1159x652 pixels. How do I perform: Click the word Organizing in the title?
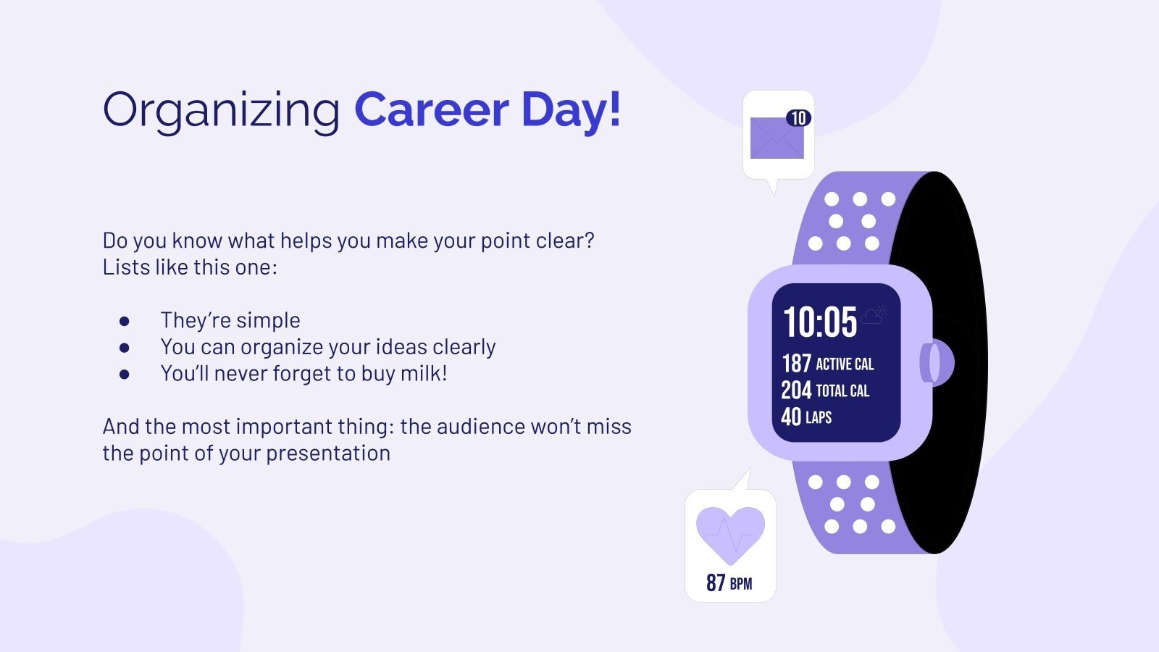point(221,110)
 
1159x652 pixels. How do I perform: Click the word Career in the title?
point(431,110)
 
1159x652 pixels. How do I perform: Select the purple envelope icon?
point(777,138)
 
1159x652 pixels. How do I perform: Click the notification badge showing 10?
point(798,118)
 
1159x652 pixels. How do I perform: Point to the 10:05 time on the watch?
point(819,322)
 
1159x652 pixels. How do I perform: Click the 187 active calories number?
point(796,363)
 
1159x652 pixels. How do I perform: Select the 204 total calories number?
point(796,390)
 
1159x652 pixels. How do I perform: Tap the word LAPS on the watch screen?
point(819,417)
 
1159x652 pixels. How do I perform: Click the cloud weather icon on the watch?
point(873,315)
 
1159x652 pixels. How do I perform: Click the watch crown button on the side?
point(934,362)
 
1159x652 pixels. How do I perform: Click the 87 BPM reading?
point(729,582)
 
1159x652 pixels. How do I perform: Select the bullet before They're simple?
point(125,320)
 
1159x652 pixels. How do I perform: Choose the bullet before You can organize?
point(125,347)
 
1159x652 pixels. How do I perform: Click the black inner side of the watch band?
point(942,362)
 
